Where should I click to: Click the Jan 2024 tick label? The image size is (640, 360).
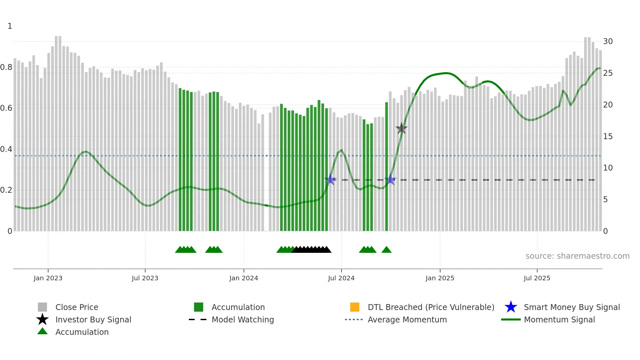[x=244, y=278]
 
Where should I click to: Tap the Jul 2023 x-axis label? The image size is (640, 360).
[x=145, y=278]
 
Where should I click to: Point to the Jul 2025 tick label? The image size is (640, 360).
[x=537, y=278]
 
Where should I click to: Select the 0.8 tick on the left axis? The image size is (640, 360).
[x=7, y=67]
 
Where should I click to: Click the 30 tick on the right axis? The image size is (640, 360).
[x=608, y=41]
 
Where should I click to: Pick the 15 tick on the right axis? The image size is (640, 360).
[x=608, y=137]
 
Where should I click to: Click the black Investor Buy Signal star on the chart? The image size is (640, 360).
[x=401, y=128]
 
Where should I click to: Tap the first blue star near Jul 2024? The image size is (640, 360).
[x=330, y=180]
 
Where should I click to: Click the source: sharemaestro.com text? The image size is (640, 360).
[x=577, y=256]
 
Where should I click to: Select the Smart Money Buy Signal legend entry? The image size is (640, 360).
[x=571, y=307]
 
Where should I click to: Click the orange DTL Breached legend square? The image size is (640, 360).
[x=355, y=307]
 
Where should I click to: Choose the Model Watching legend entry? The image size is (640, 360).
[x=242, y=320]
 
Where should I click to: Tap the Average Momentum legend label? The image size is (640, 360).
[x=407, y=320]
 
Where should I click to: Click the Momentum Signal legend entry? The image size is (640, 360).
[x=559, y=320]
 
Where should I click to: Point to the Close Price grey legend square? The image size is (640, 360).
[x=42, y=307]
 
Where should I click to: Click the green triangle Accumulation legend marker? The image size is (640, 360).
[x=42, y=331]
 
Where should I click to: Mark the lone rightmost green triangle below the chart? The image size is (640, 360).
[x=386, y=250]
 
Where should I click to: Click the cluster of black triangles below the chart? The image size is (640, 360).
[x=311, y=250]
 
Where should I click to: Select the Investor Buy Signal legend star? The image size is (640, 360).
[x=42, y=319]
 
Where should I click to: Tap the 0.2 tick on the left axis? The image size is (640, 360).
[x=7, y=190]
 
